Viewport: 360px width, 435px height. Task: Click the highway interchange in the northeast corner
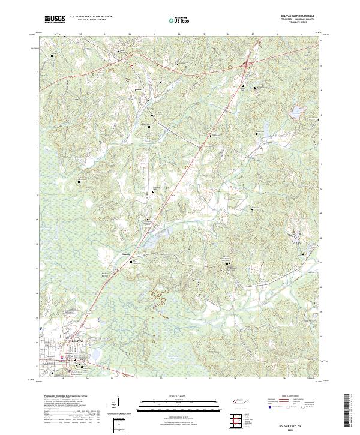[247, 62]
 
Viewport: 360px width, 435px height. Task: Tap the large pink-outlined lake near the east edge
[295, 113]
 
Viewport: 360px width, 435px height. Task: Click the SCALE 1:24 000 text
[179, 395]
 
